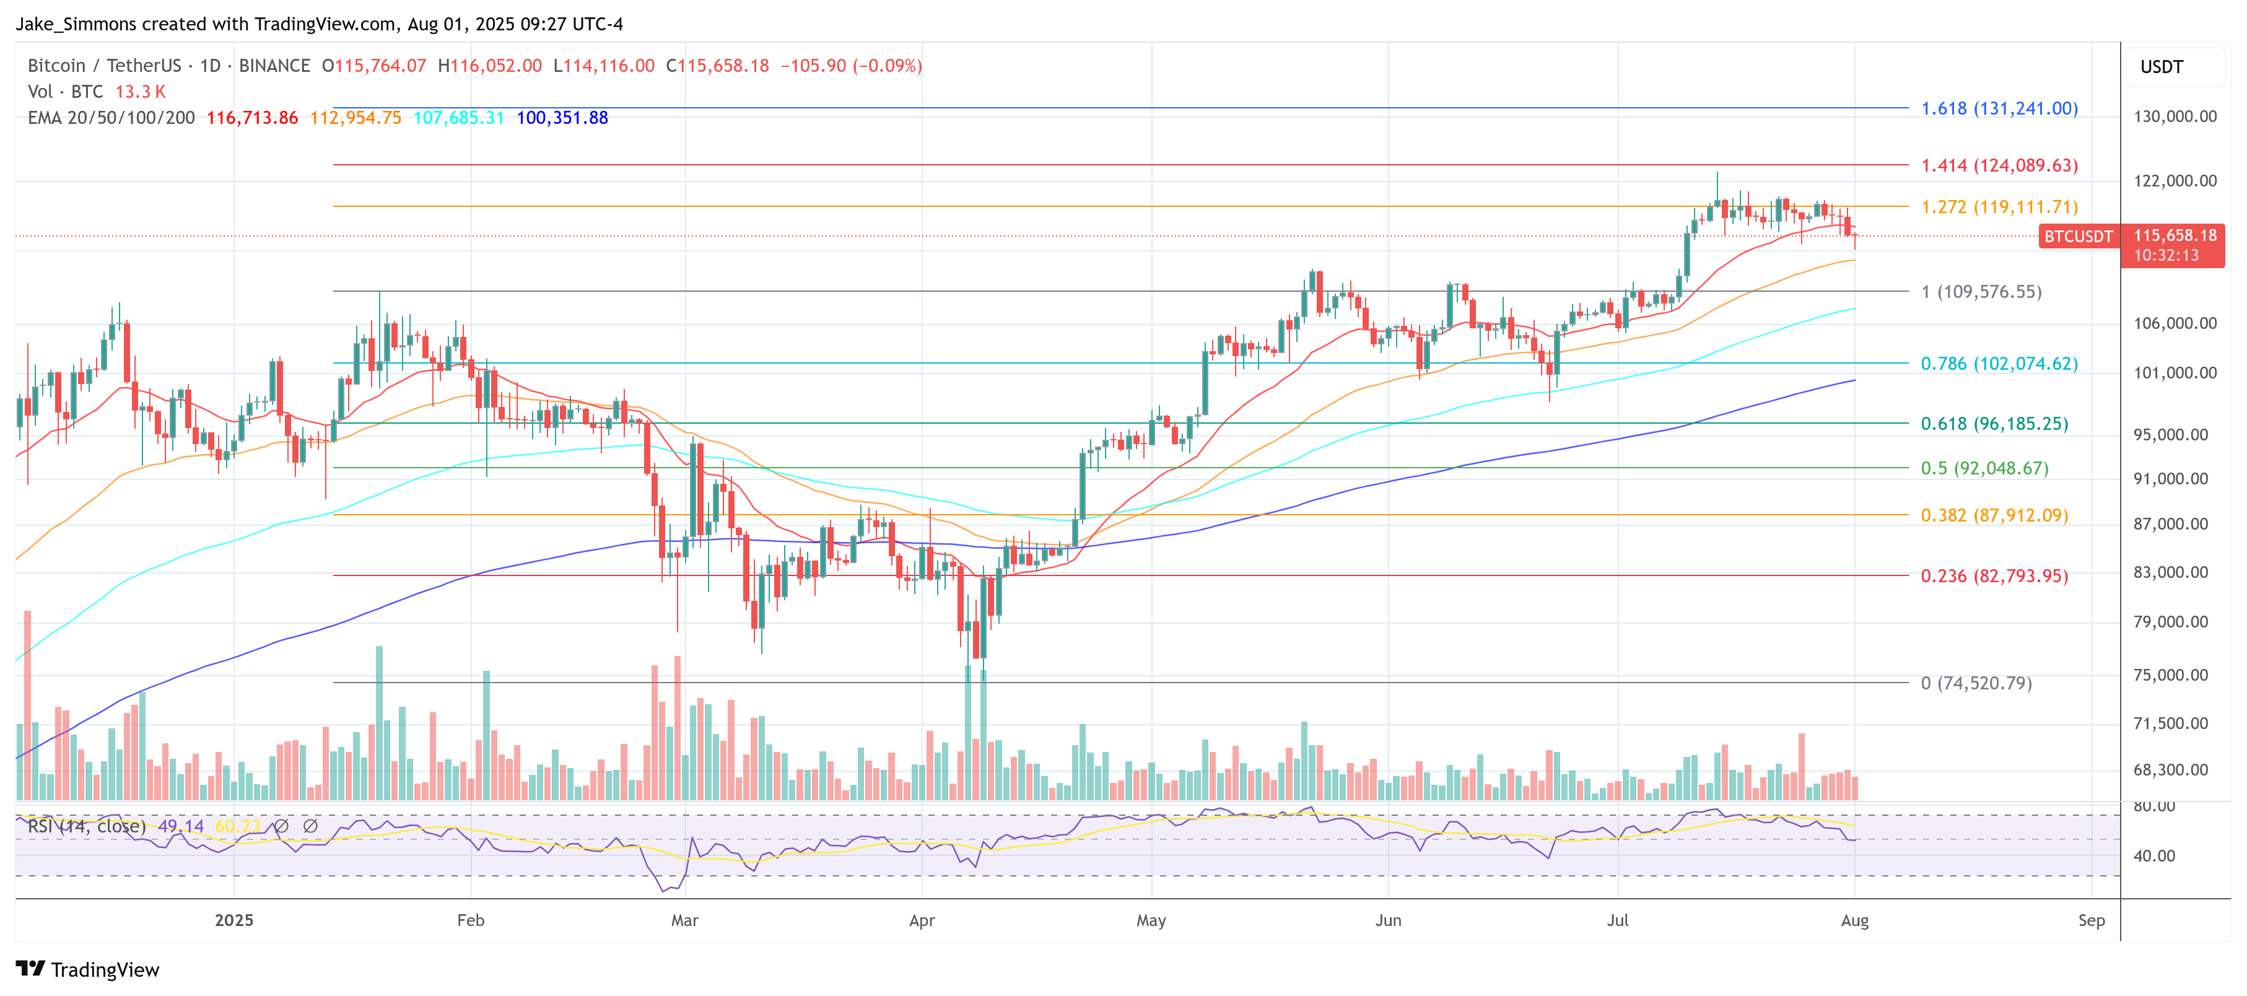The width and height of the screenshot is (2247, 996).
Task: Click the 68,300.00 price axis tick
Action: click(x=2175, y=770)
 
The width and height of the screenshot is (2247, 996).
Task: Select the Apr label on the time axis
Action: click(x=922, y=920)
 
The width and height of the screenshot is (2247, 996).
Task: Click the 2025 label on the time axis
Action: click(x=233, y=920)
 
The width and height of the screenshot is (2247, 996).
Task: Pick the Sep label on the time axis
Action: click(x=2091, y=920)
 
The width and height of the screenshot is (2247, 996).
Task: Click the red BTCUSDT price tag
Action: click(x=2079, y=237)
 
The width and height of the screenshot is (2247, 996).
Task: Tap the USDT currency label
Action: click(x=2161, y=67)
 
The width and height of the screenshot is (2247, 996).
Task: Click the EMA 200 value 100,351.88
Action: click(x=562, y=118)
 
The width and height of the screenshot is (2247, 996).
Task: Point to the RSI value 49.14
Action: click(x=181, y=826)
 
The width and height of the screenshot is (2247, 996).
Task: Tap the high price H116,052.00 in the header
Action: click(x=489, y=66)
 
